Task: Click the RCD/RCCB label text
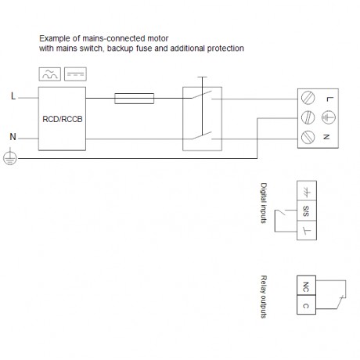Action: (x=63, y=119)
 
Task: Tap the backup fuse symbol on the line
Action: (x=134, y=99)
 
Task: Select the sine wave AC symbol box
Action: (x=50, y=74)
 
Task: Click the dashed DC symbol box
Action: (x=75, y=74)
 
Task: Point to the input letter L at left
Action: (x=13, y=96)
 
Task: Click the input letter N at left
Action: (x=13, y=137)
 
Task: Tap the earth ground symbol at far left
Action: (x=10, y=157)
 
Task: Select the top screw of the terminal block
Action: (x=308, y=98)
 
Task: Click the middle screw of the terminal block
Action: (x=308, y=117)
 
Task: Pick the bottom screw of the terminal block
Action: (x=308, y=137)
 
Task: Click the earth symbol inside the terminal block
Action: (x=329, y=117)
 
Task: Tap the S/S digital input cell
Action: (x=307, y=211)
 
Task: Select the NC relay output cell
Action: (x=306, y=286)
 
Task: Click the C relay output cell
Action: (x=306, y=304)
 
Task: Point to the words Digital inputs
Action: (x=264, y=203)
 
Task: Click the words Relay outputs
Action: (x=264, y=297)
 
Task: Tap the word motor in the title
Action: (x=158, y=38)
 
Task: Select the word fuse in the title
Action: (x=143, y=49)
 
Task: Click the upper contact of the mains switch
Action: (x=202, y=95)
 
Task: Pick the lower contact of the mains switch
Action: (x=202, y=135)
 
